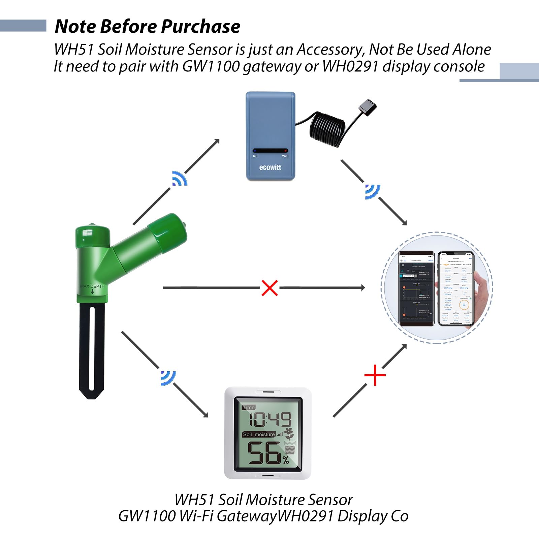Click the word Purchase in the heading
click(200, 26)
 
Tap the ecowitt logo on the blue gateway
click(270, 167)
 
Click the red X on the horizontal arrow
click(269, 288)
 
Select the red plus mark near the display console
click(375, 375)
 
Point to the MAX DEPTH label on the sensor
click(92, 286)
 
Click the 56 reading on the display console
click(264, 453)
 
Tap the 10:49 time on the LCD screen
click(269, 419)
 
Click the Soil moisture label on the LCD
click(259, 435)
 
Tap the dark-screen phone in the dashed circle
click(416, 288)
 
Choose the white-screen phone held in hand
click(456, 288)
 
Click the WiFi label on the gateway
click(285, 156)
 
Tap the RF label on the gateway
click(255, 156)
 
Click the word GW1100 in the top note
click(211, 66)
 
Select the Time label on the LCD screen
click(249, 408)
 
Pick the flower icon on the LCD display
click(289, 433)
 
